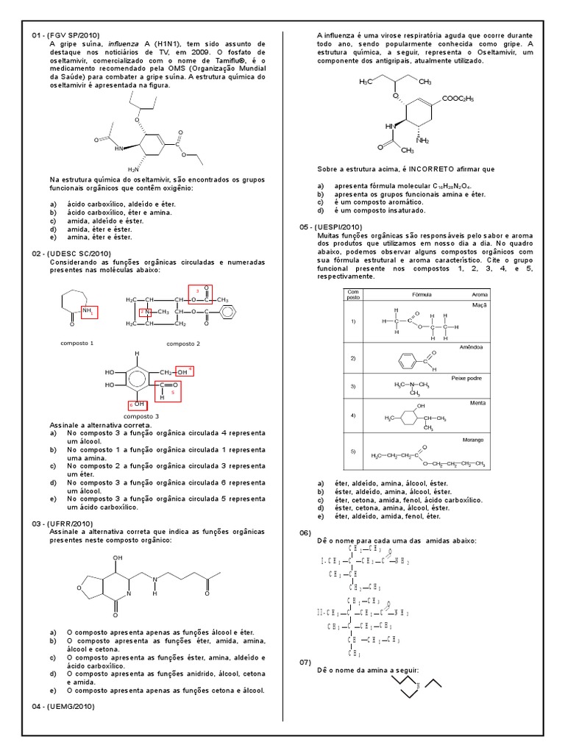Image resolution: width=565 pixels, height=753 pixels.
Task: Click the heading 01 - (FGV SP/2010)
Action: pos(65,35)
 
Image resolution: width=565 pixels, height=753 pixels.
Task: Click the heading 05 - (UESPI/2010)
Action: pos(331,227)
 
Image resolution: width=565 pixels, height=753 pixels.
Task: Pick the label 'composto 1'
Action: pos(77,343)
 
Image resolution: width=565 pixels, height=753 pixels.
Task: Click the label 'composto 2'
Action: pos(182,343)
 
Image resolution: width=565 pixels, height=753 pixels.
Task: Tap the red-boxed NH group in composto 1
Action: pos(88,312)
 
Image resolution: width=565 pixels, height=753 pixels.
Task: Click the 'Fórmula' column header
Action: pos(422,294)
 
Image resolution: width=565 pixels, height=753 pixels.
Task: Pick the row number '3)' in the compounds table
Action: pos(352,386)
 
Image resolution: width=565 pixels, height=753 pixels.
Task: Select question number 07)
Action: pos(306,663)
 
